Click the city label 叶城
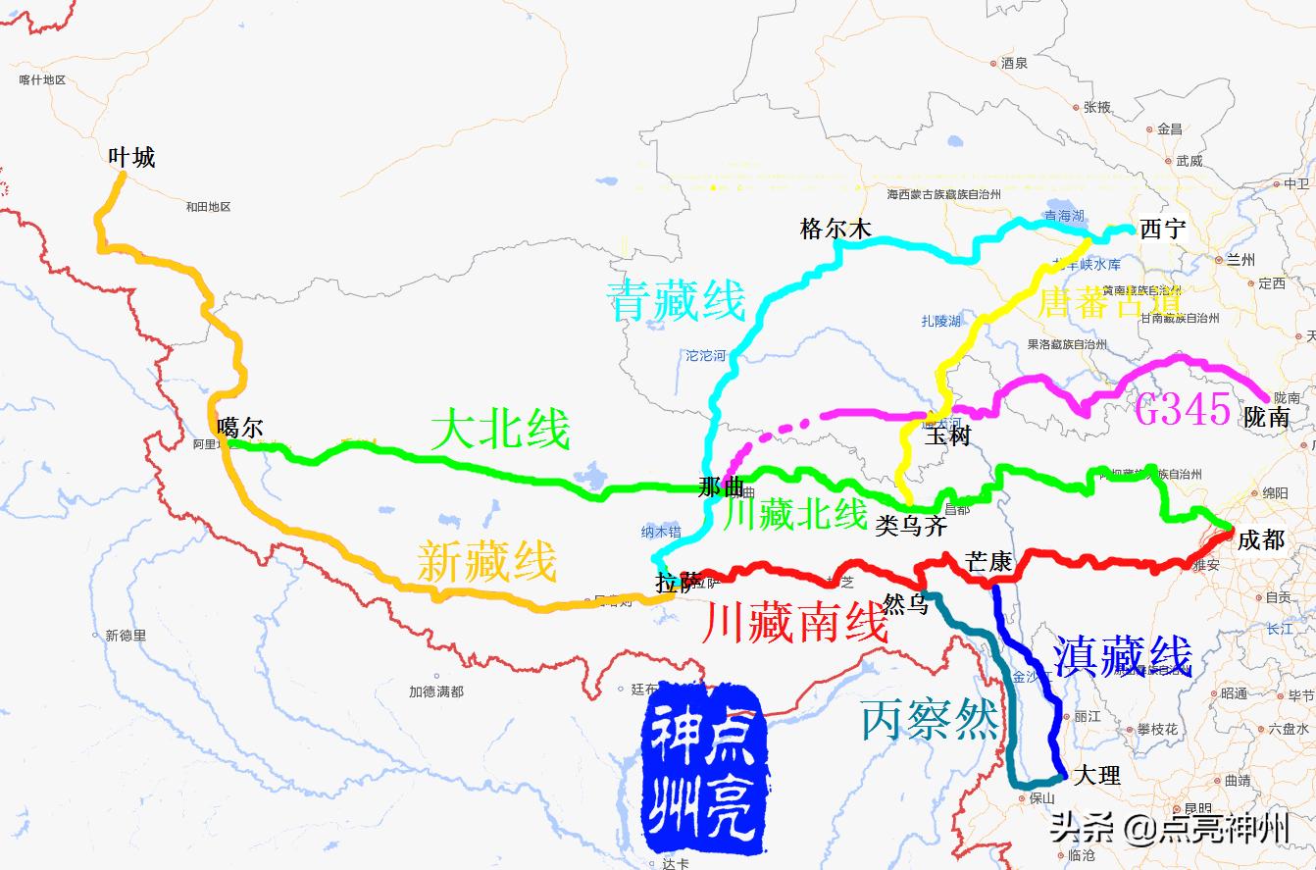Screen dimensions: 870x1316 click(x=131, y=157)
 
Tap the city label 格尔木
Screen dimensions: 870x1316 click(x=835, y=230)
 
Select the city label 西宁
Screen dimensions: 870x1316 click(x=1163, y=230)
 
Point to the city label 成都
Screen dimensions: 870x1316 click(x=1261, y=539)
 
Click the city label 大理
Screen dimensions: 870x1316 click(x=1096, y=775)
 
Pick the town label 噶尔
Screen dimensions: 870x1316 click(x=240, y=427)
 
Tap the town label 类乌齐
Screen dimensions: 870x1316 click(x=911, y=526)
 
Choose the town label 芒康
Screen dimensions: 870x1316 click(x=988, y=562)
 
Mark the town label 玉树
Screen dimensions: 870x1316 click(x=947, y=435)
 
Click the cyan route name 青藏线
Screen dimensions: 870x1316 click(x=677, y=300)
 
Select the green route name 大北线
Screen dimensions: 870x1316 click(x=500, y=430)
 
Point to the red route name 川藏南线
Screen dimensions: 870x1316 click(x=795, y=622)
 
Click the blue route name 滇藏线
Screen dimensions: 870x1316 click(x=1122, y=656)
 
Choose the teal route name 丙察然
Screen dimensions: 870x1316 click(x=930, y=721)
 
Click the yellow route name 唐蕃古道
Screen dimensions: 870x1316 click(x=1108, y=302)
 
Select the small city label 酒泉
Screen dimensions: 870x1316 click(x=1014, y=63)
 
